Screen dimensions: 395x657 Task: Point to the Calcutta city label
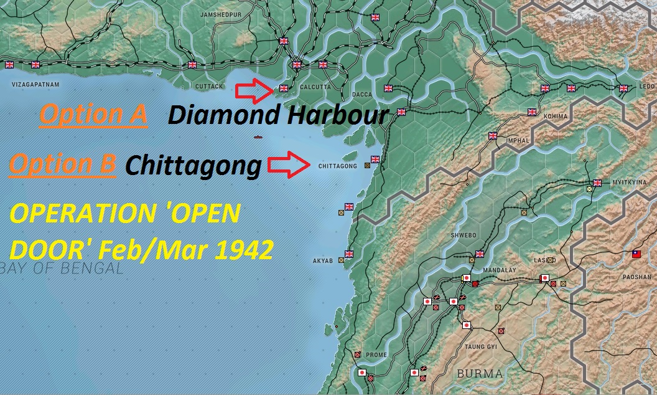tap(315, 87)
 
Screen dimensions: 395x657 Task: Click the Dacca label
tap(362, 95)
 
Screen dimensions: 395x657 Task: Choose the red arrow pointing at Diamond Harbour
tap(254, 91)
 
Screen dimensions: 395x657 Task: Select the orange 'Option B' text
tap(63, 164)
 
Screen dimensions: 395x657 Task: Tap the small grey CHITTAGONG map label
tap(337, 166)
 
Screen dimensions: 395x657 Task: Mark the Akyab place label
tap(324, 260)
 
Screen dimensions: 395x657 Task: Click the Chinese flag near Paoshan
tap(636, 254)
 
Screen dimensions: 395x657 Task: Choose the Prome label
tap(376, 355)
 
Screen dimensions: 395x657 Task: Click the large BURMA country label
tap(480, 374)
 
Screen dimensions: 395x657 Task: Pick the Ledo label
tap(648, 86)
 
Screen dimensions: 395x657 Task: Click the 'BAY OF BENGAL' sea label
tap(62, 269)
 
